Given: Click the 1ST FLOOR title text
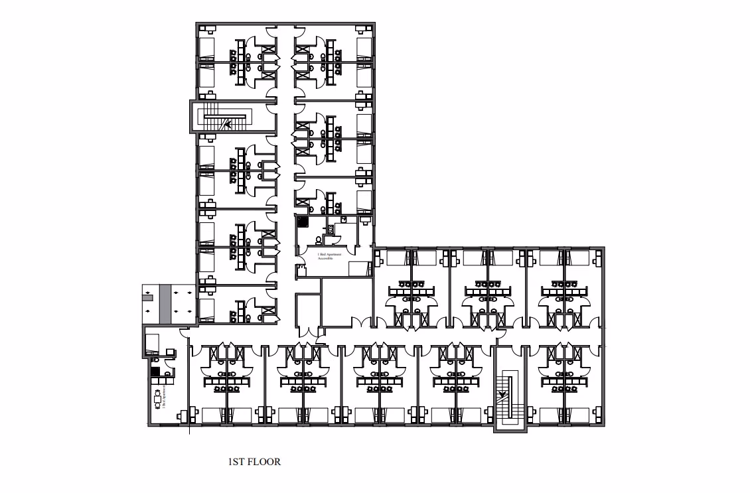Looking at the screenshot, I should point(254,462).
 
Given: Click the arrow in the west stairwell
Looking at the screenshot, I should point(228,123).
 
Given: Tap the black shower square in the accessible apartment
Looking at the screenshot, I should point(303,223).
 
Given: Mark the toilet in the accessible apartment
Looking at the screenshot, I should point(319,240).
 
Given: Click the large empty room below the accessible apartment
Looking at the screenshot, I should point(345,302).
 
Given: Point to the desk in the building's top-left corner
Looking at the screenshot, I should point(208,29).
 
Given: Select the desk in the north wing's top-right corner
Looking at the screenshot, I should point(364,29).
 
